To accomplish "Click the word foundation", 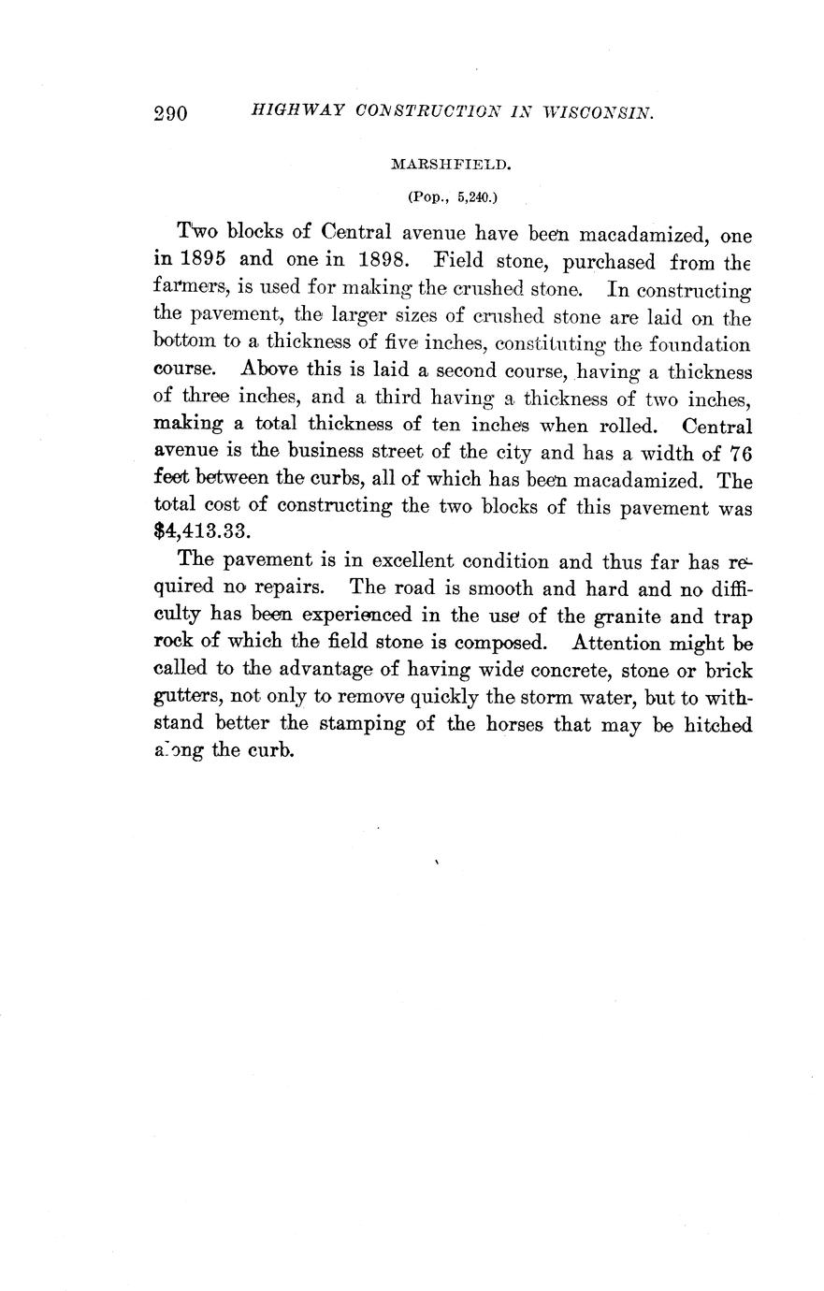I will click(x=696, y=343).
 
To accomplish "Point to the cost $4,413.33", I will click(x=200, y=533).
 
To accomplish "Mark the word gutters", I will click(x=185, y=699).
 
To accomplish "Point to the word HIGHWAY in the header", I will click(x=284, y=112).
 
